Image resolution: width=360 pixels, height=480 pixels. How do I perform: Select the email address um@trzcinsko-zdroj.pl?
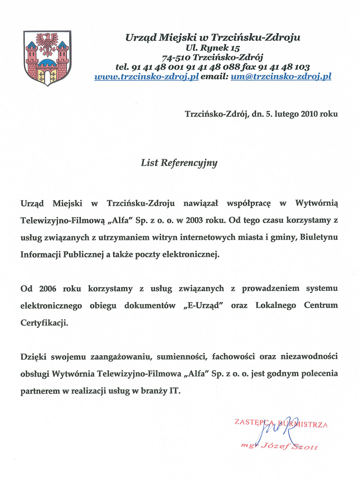[x=281, y=77]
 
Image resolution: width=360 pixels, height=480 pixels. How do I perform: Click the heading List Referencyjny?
[x=179, y=163]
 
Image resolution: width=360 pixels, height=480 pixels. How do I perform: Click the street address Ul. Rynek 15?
[x=212, y=48]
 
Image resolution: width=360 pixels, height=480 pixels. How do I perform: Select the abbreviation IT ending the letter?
[x=174, y=391]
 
